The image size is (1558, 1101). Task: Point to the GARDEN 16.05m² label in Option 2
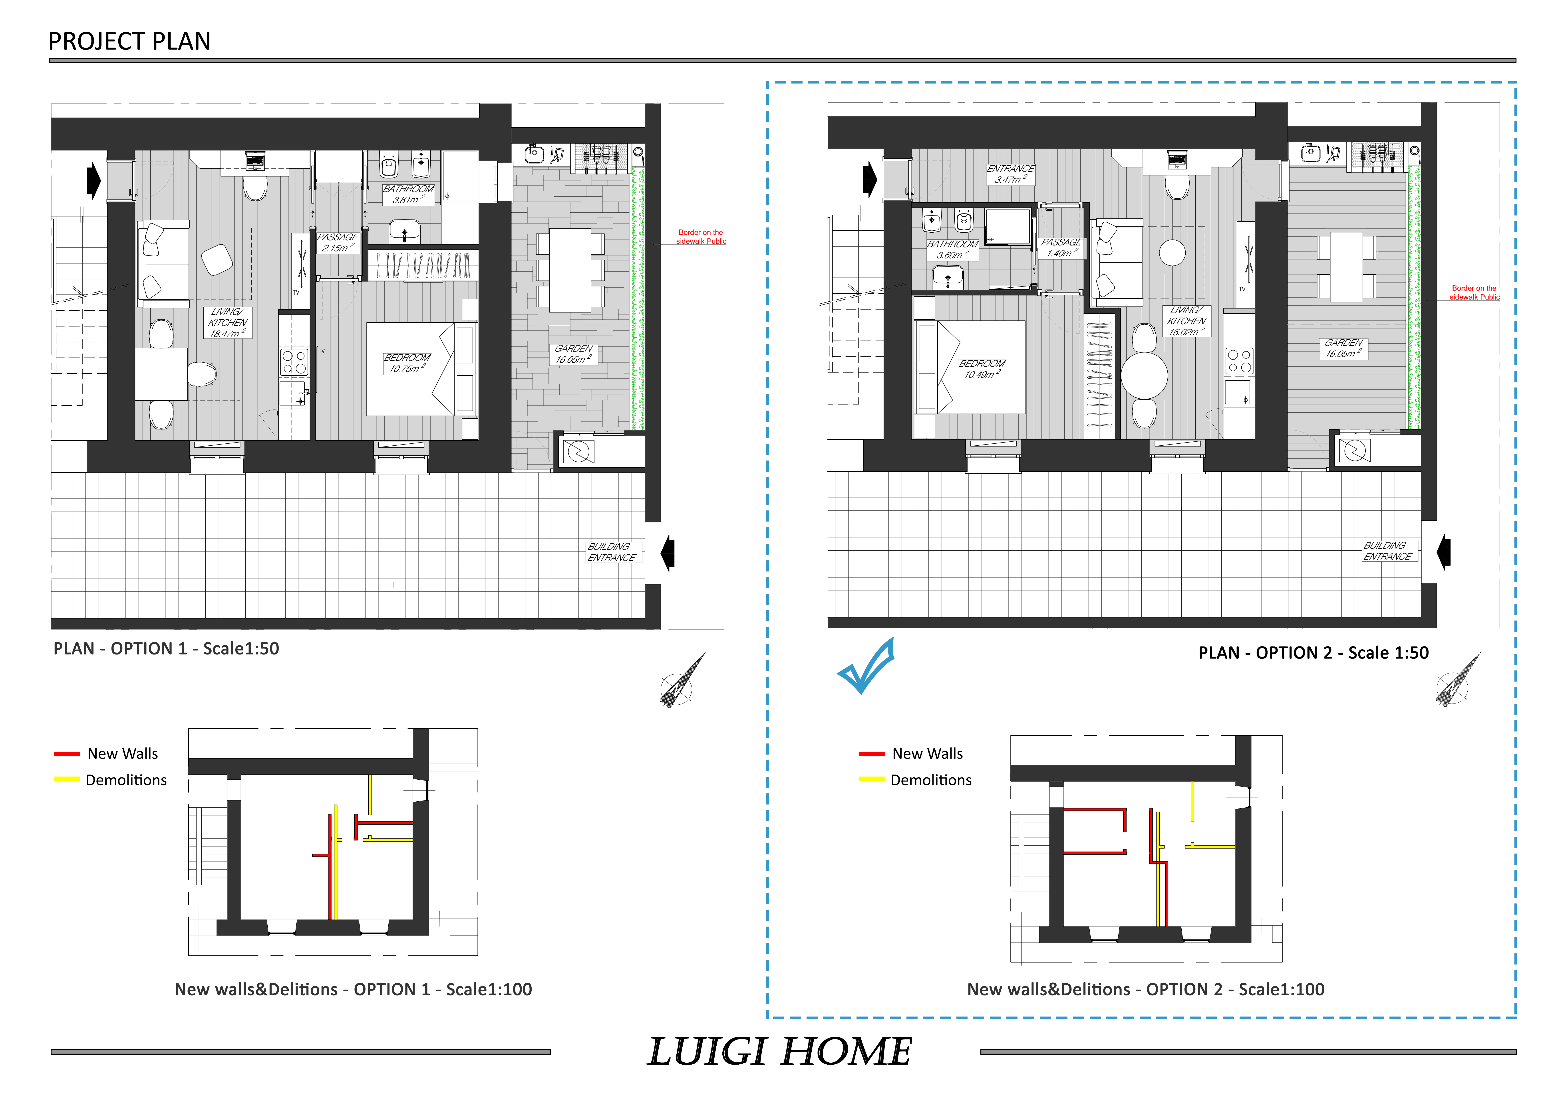pos(1343,348)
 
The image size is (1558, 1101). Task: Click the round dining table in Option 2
pos(1144,374)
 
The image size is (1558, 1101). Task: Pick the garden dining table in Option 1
pos(570,270)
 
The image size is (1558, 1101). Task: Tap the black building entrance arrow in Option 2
pos(1444,552)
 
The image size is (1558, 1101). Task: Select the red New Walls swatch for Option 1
pos(66,754)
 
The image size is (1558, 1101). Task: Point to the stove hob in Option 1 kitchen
pos(294,362)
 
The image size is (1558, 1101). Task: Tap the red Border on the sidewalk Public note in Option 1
pos(701,237)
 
